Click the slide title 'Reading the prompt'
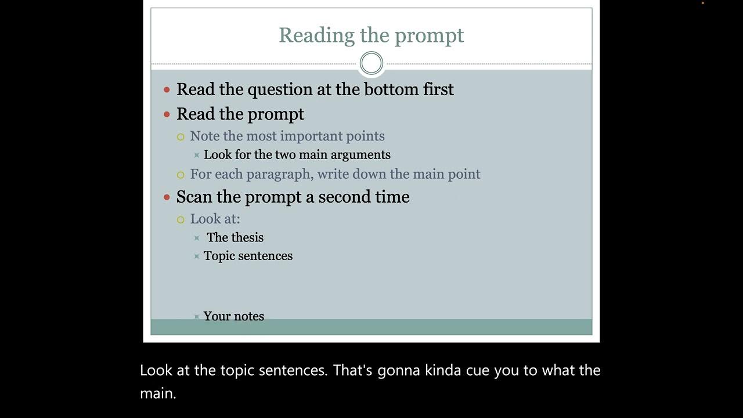pyautogui.click(x=371, y=35)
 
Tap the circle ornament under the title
pyautogui.click(x=371, y=63)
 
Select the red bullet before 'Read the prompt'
pyautogui.click(x=167, y=114)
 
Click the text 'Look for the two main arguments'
pyautogui.click(x=297, y=155)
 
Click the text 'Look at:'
pyautogui.click(x=215, y=219)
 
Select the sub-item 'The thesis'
pyautogui.click(x=235, y=237)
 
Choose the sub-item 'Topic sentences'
pyautogui.click(x=248, y=256)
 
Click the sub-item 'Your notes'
pyautogui.click(x=233, y=316)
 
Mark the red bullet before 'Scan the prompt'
pyautogui.click(x=167, y=197)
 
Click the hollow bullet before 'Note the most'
pyautogui.click(x=181, y=137)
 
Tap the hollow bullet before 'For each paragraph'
pyautogui.click(x=181, y=175)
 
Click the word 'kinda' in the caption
pyautogui.click(x=443, y=370)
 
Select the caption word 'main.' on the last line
pyautogui.click(x=157, y=394)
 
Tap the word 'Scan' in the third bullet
pyautogui.click(x=194, y=197)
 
